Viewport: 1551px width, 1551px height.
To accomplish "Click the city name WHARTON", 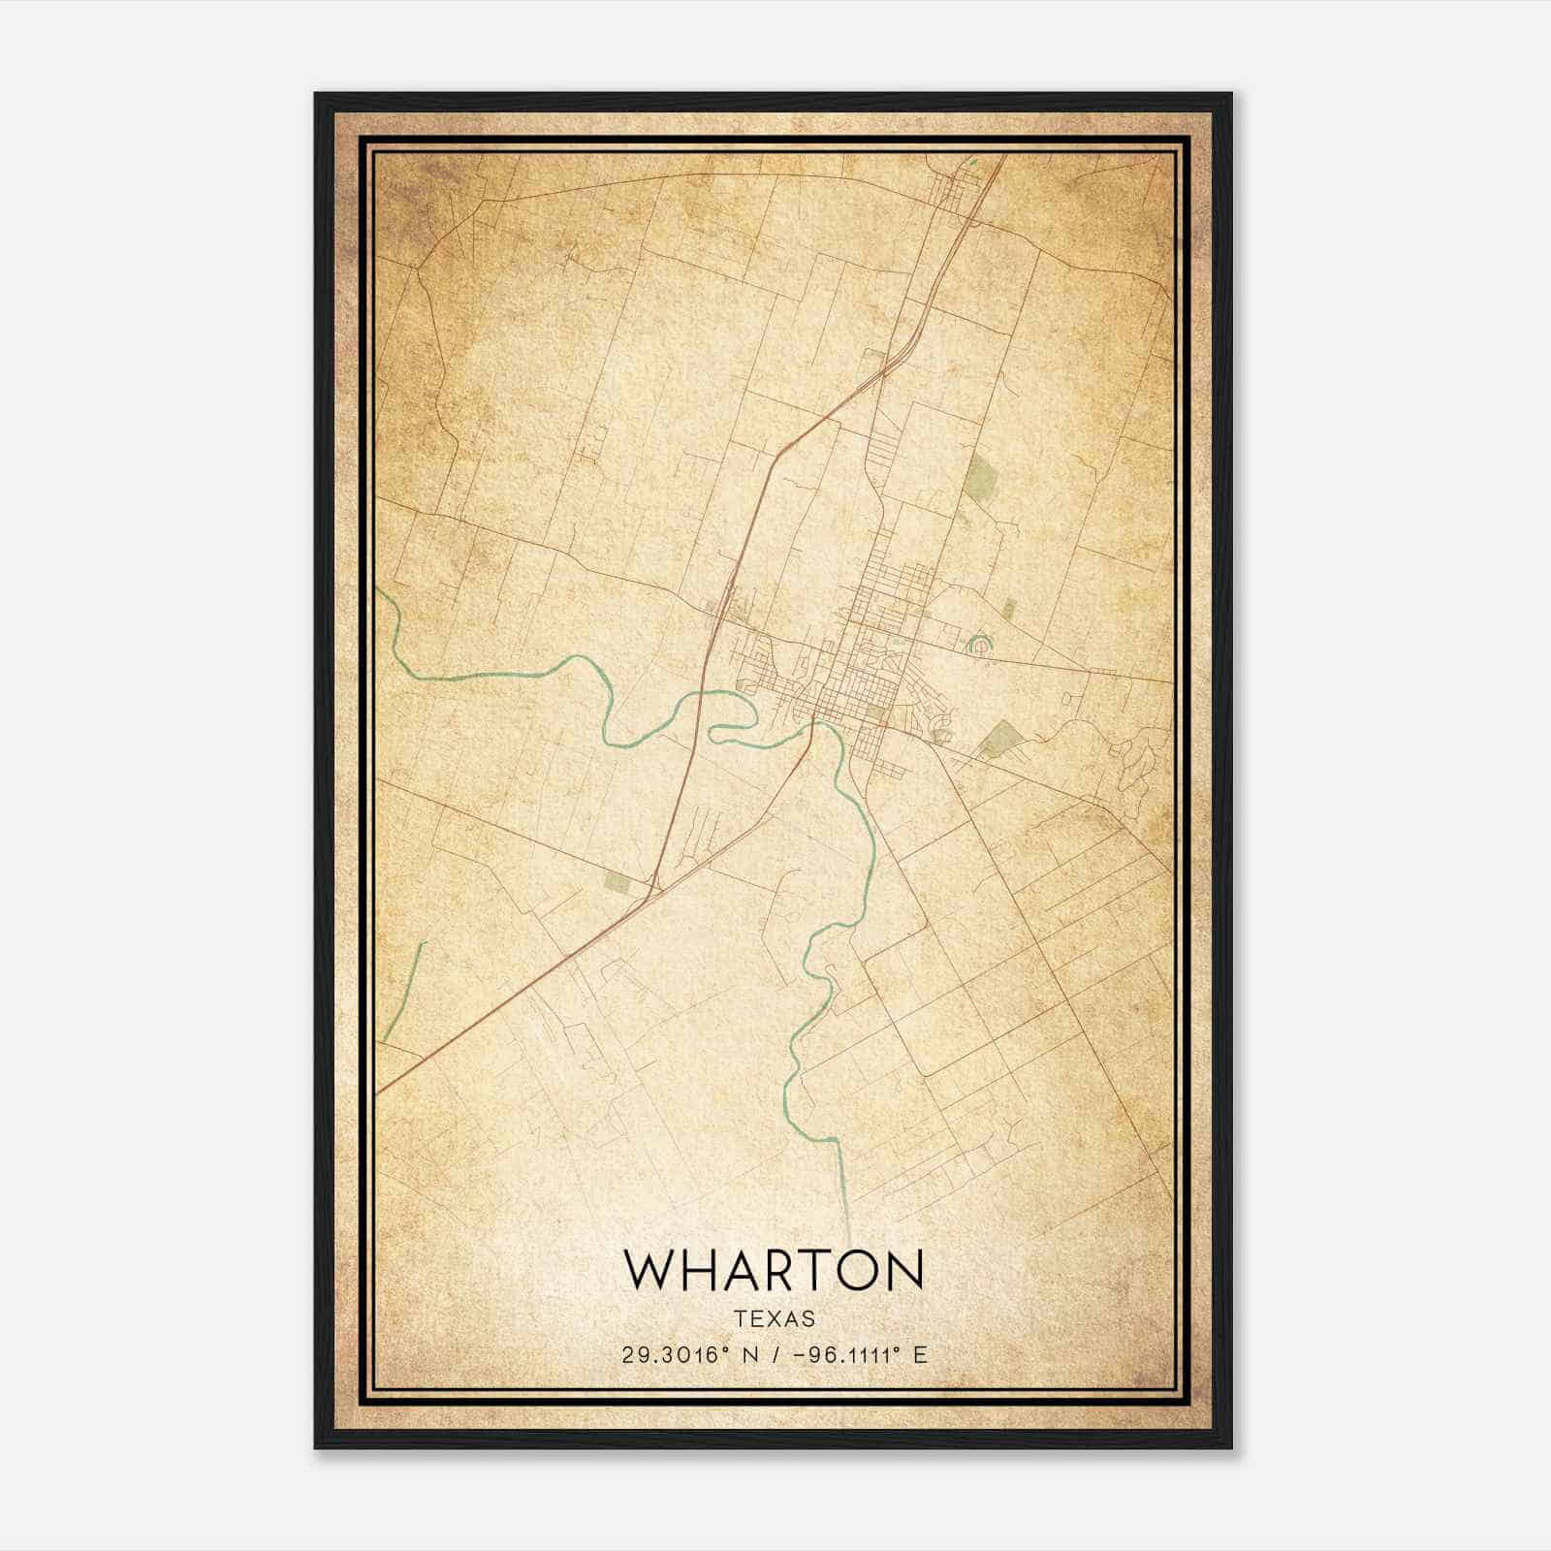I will [774, 1269].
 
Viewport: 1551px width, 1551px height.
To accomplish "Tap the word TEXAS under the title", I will [774, 1319].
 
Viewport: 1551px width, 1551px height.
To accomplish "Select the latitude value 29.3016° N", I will [687, 1354].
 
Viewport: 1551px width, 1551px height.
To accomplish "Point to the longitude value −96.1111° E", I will [858, 1354].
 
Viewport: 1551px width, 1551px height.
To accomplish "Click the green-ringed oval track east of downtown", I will [981, 644].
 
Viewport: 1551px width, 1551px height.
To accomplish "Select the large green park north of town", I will [983, 478].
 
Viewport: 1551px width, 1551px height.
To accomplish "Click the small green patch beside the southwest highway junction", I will [617, 880].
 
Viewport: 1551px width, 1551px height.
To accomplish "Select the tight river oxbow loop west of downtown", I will [732, 717].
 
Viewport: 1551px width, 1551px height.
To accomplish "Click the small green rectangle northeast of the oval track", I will [1010, 609].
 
